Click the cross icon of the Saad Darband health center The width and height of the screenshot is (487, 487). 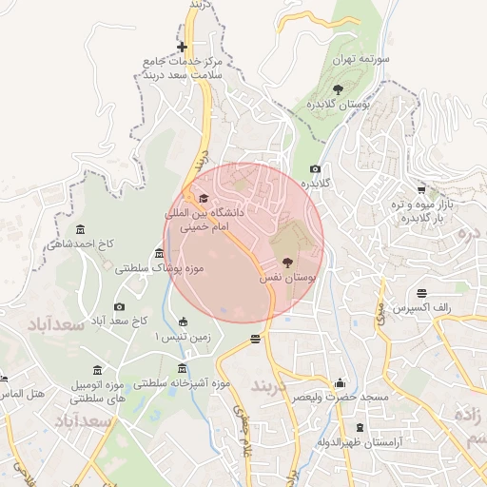[182, 47]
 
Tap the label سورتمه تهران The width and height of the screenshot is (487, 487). [357, 59]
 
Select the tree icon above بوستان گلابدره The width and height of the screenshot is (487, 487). [339, 88]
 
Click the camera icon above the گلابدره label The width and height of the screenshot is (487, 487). [316, 168]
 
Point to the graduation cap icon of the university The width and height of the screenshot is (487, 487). [203, 198]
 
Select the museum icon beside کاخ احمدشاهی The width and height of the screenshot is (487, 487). [78, 229]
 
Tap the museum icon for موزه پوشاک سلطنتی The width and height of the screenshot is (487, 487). [158, 253]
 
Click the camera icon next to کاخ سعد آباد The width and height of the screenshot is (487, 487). [119, 306]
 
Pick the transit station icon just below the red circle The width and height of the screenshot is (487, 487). [256, 340]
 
